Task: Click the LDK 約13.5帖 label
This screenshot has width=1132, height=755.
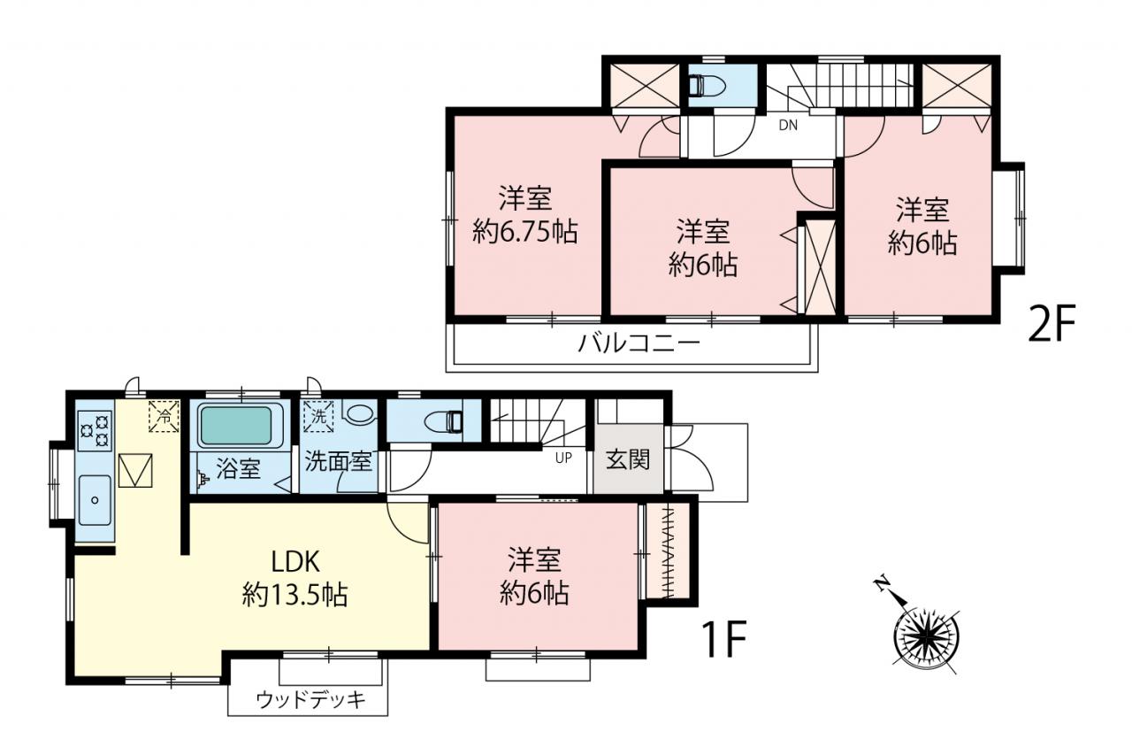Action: tap(295, 578)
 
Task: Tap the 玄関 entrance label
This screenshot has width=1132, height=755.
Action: tap(628, 460)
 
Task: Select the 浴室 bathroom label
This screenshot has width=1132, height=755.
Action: tap(238, 469)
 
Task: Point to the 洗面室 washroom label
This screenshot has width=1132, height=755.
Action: tap(338, 461)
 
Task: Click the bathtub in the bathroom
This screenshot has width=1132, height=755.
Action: tap(236, 426)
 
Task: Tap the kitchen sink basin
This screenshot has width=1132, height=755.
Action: tap(95, 500)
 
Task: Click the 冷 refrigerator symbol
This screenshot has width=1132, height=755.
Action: tap(164, 417)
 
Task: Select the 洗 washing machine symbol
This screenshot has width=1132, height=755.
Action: tap(318, 417)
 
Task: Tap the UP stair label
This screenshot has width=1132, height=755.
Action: tap(563, 458)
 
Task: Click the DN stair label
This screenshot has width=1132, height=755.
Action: tap(788, 126)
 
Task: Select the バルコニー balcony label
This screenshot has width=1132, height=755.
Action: tap(639, 344)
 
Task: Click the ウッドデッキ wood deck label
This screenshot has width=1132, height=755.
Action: tap(310, 701)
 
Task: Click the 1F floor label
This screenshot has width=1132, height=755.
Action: tap(723, 639)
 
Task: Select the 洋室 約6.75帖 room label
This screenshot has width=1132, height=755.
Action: tap(525, 215)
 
